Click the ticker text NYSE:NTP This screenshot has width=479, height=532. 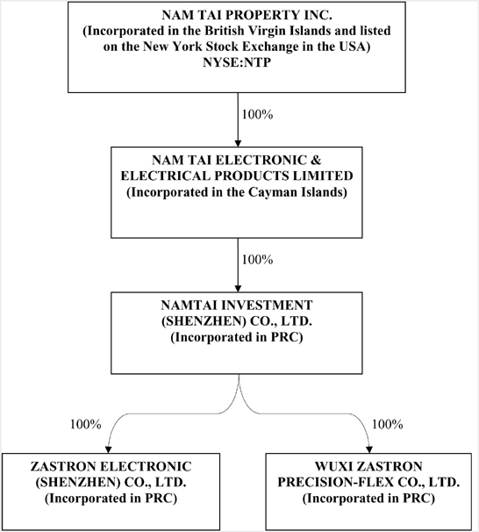point(237,62)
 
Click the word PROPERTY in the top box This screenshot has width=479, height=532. point(261,15)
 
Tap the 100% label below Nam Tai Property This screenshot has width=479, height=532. point(257,115)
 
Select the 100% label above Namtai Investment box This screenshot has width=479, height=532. point(257,260)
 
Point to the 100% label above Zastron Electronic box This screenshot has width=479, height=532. point(85,424)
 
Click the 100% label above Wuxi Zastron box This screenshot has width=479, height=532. point(388,424)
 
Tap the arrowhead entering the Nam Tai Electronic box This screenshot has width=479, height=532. point(238,143)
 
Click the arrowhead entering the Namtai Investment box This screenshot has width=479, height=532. point(238,289)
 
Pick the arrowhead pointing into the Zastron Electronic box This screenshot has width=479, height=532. point(108,449)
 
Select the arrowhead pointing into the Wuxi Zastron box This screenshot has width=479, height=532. point(369,449)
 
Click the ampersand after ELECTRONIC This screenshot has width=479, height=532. point(317,160)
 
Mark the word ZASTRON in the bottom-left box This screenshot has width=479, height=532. point(63,466)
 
